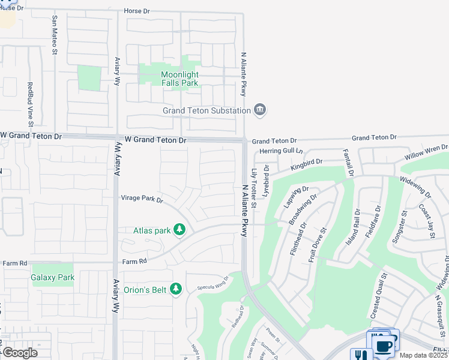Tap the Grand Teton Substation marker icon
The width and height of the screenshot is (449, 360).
click(260, 110)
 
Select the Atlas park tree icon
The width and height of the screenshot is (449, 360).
click(179, 229)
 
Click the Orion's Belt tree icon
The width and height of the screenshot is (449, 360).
click(176, 289)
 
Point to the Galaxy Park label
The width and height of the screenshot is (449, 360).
click(52, 277)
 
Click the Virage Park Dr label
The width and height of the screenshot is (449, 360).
click(142, 199)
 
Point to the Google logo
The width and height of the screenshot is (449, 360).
click(20, 352)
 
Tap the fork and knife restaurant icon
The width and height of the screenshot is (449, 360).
click(361, 355)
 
